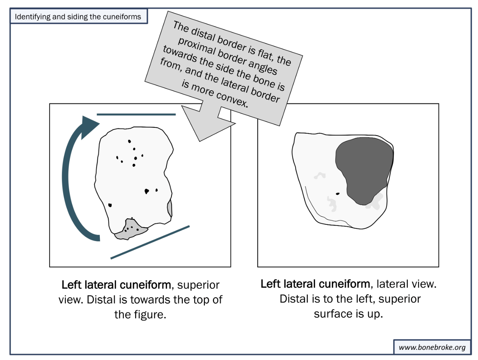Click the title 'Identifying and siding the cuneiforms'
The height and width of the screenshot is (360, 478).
point(78,17)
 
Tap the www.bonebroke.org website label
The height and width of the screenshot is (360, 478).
point(432,347)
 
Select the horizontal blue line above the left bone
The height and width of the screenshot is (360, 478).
point(136,115)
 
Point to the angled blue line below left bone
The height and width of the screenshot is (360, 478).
point(150,242)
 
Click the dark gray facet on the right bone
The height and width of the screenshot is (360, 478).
point(363,169)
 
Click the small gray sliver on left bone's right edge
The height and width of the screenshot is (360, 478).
point(170,208)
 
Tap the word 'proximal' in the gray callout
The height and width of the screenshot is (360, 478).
point(196,48)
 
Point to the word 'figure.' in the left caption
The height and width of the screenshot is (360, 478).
point(140,315)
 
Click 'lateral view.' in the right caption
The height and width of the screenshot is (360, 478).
point(406,284)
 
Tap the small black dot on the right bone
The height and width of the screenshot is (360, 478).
point(338,194)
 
